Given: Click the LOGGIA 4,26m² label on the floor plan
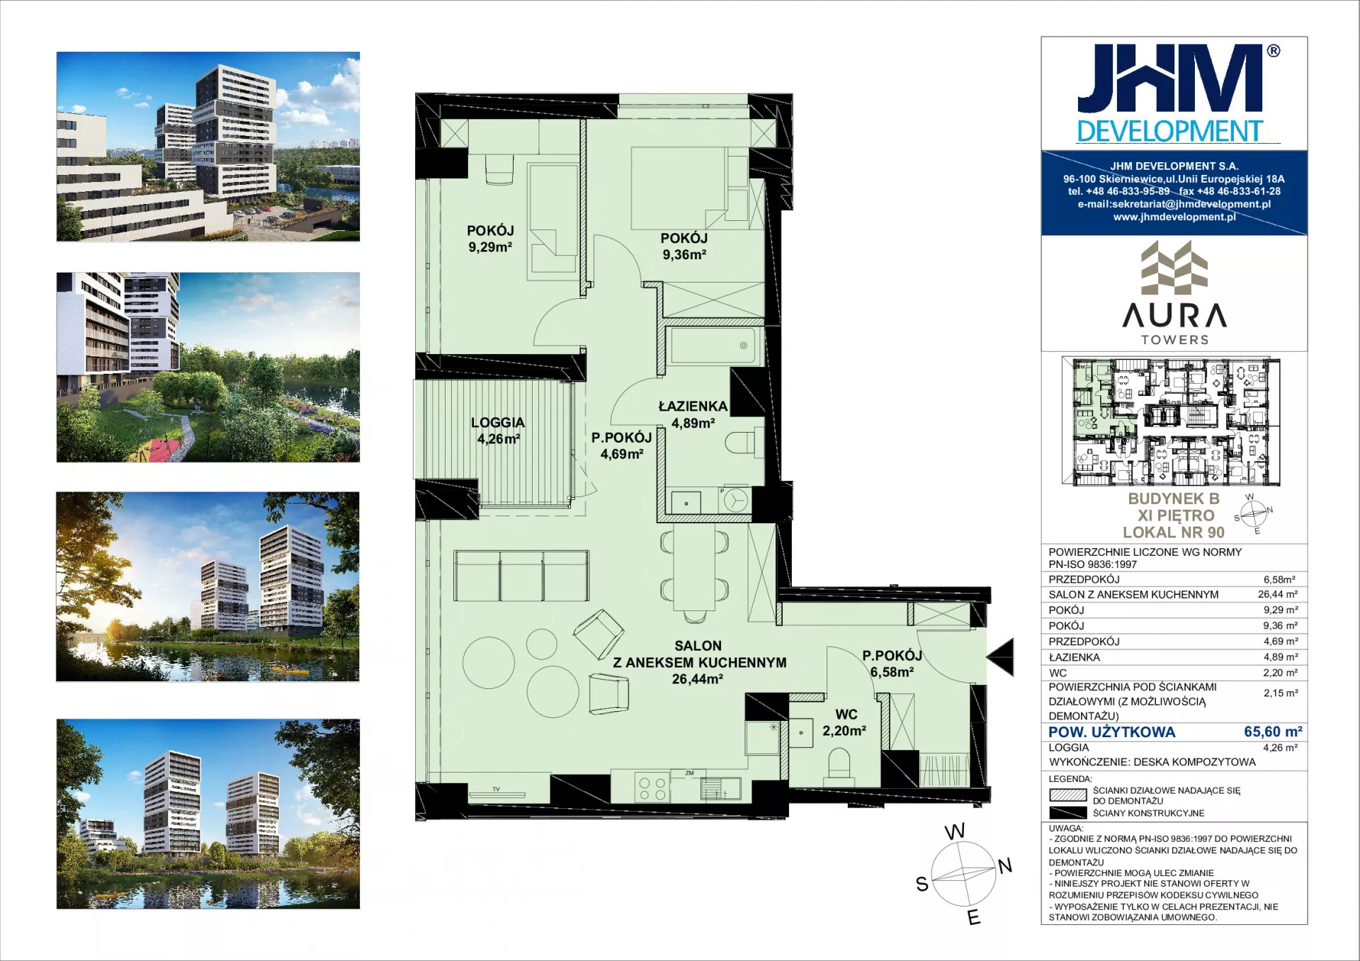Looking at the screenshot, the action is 498,431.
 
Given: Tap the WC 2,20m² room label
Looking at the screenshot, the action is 844,722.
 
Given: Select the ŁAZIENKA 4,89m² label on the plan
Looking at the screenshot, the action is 693,414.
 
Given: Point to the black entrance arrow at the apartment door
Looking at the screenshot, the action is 1000,656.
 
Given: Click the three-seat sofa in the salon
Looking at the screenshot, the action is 521,576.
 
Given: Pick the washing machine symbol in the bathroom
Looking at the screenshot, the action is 736,500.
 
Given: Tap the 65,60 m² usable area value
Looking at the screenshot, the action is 1273,732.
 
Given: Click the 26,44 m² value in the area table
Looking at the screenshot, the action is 1278,594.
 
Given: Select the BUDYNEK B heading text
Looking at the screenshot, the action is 1174,499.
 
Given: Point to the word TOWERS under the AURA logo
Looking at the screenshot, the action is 1175,340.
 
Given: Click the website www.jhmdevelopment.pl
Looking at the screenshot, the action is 1174,217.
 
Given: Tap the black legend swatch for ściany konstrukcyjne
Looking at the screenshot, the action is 1067,812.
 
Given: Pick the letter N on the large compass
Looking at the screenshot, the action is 1005,865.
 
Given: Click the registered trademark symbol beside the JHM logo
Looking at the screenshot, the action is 1273,51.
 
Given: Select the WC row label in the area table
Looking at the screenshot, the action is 1058,673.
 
